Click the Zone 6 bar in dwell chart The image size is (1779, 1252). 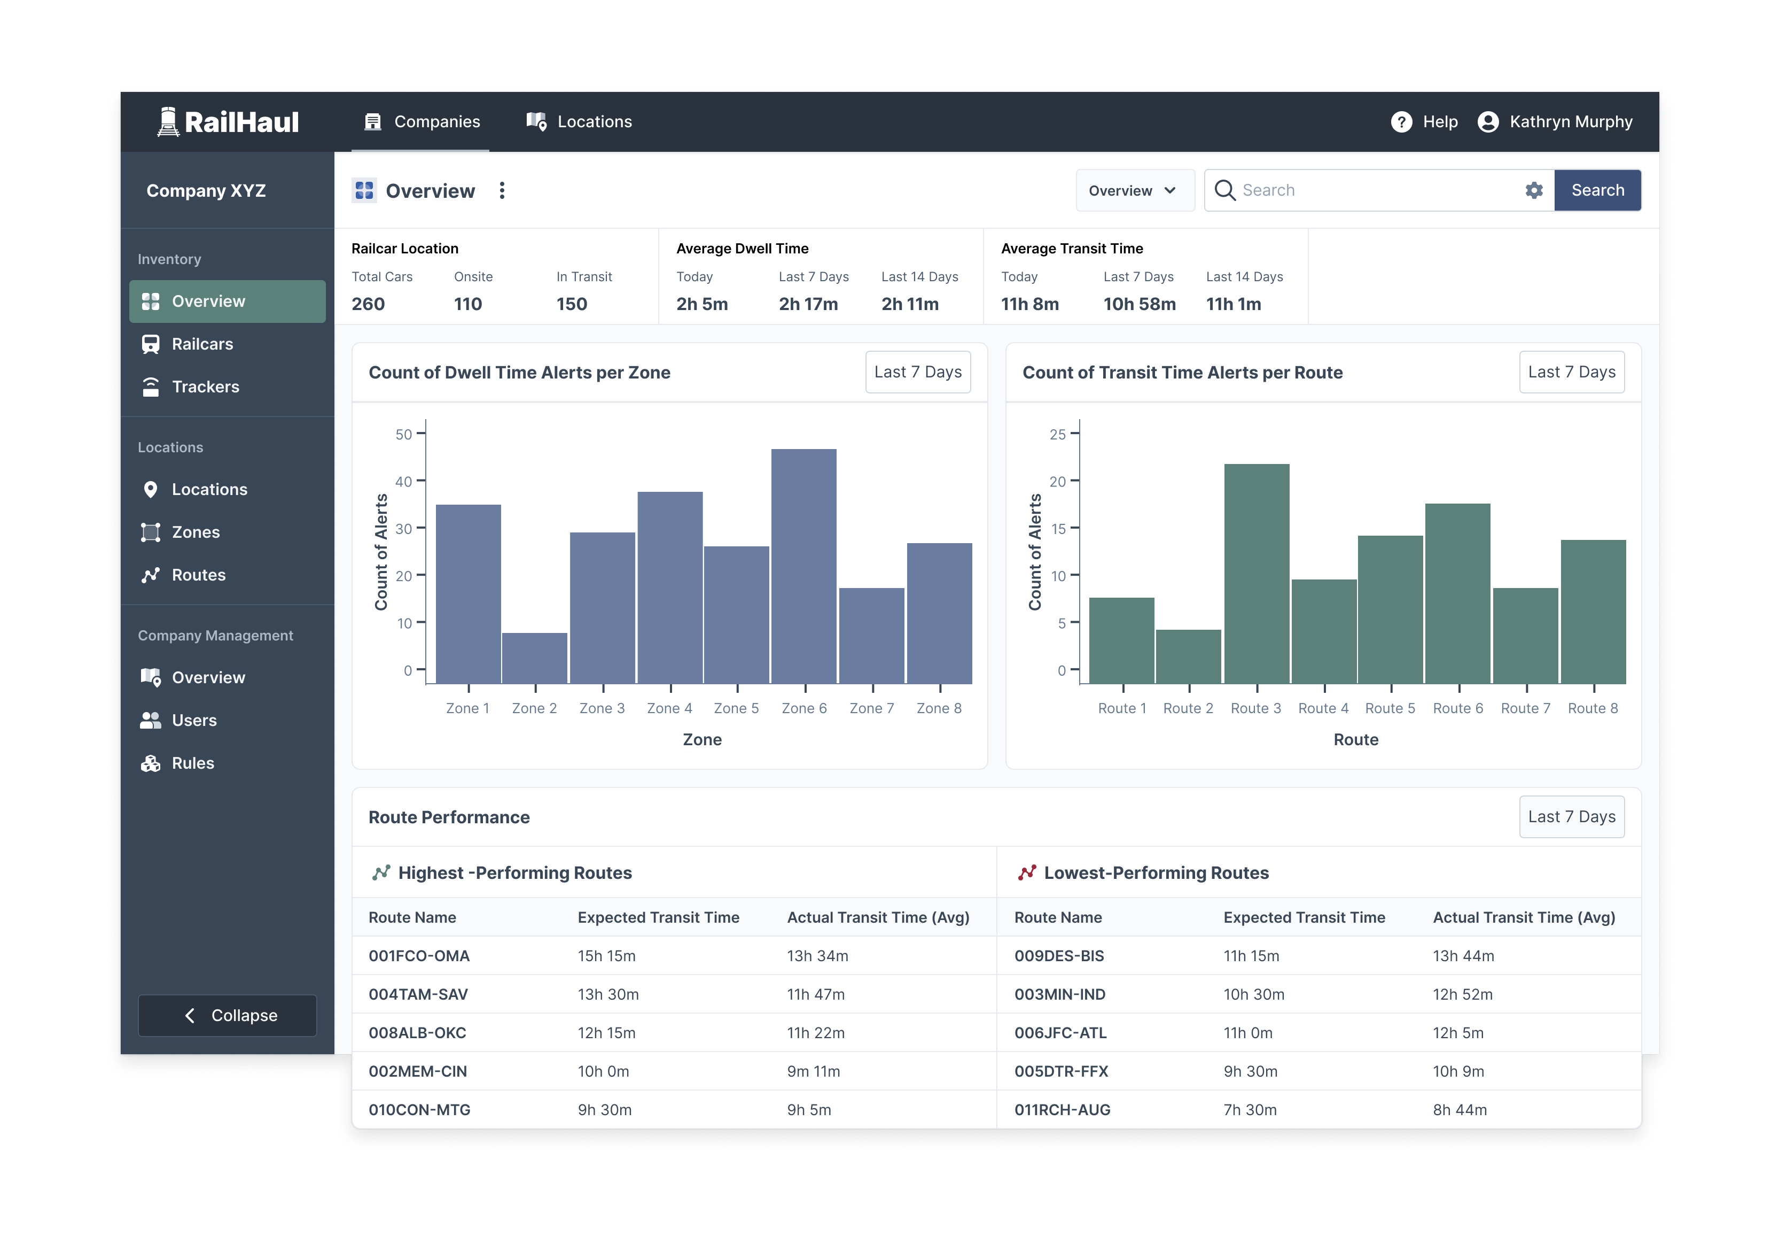803,566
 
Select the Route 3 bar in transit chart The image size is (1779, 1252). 1256,574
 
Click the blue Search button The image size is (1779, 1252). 1597,190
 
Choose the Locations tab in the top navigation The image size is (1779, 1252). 580,122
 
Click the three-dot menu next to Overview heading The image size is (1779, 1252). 502,191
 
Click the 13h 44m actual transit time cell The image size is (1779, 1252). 1463,956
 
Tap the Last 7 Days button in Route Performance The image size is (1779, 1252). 1571,816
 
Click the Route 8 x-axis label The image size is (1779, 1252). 1592,708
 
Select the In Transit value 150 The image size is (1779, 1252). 571,304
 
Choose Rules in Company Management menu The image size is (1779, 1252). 192,763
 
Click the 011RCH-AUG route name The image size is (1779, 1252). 1062,1109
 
